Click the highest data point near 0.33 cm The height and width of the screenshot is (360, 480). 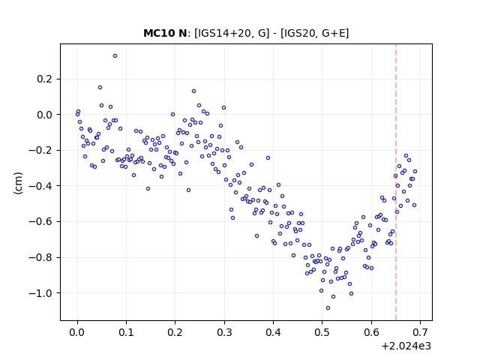click(115, 56)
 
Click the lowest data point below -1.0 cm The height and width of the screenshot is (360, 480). click(328, 308)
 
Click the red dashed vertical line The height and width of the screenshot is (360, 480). click(396, 182)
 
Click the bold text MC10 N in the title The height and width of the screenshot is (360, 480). click(165, 33)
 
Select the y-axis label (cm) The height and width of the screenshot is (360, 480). click(18, 183)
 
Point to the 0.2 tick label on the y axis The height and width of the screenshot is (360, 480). click(45, 79)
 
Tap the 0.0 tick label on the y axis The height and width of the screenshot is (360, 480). click(45, 115)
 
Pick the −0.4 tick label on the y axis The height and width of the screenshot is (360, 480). click(40, 186)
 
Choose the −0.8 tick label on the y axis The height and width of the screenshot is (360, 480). click(40, 257)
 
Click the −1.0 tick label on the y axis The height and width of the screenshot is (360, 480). click(40, 293)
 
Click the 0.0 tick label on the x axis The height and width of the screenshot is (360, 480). click(77, 332)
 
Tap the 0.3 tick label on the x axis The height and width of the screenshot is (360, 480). click(224, 332)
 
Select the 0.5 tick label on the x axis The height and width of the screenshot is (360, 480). click(322, 332)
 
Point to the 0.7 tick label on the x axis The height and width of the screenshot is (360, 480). click(420, 332)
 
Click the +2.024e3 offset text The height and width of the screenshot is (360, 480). click(406, 346)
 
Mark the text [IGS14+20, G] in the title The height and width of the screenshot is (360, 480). click(232, 33)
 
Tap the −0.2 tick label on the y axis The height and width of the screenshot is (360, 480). click(40, 150)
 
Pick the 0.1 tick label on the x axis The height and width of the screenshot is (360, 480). click(126, 332)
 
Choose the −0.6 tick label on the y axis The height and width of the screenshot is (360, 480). click(40, 222)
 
